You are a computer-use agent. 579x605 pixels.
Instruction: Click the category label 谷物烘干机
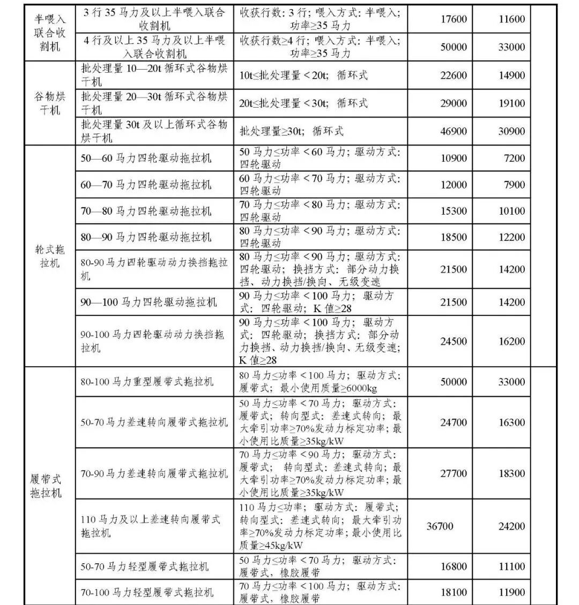pyautogui.click(x=47, y=103)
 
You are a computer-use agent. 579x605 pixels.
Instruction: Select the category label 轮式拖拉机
pyautogui.click(x=47, y=256)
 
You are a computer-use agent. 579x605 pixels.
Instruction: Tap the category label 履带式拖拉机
pyautogui.click(x=46, y=486)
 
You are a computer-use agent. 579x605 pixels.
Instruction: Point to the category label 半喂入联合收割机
pyautogui.click(x=47, y=33)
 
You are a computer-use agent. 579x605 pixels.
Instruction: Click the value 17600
pyautogui.click(x=454, y=19)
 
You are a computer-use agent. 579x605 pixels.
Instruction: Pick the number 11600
pyautogui.click(x=511, y=19)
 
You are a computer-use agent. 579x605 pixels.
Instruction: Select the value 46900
pyautogui.click(x=454, y=131)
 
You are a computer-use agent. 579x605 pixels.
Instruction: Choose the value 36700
pyautogui.click(x=440, y=526)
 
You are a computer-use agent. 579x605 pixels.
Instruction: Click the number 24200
pyautogui.click(x=511, y=526)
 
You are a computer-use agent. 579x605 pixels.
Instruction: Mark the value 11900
pyautogui.click(x=511, y=593)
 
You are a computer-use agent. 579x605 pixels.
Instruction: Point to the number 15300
pyautogui.click(x=454, y=211)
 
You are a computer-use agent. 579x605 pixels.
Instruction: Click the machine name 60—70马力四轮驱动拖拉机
pyautogui.click(x=146, y=185)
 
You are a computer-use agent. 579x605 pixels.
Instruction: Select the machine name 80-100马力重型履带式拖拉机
pyautogui.click(x=147, y=382)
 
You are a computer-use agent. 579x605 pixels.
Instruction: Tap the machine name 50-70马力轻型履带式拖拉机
pyautogui.click(x=145, y=566)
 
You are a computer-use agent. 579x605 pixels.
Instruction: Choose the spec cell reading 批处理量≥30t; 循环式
pyautogui.click(x=292, y=131)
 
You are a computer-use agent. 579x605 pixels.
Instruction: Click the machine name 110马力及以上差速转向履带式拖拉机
pyautogui.click(x=151, y=526)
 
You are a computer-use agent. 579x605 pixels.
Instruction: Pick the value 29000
pyautogui.click(x=454, y=103)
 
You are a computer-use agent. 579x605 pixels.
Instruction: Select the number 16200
pyautogui.click(x=511, y=341)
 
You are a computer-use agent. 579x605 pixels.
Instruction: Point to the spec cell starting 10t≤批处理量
pyautogui.click(x=303, y=75)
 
